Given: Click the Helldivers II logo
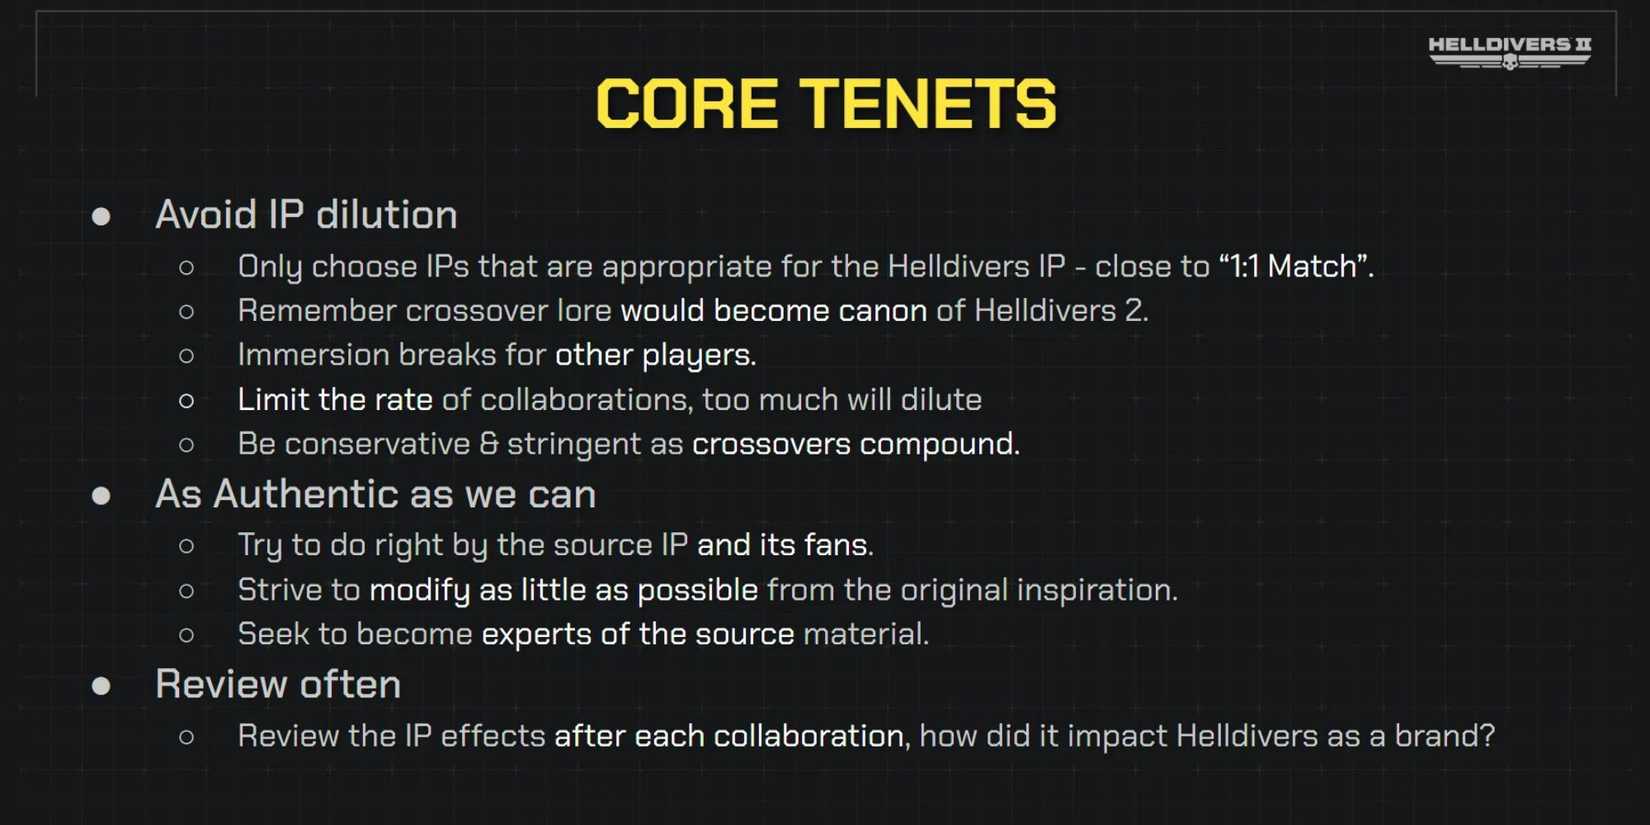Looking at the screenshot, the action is click(1510, 52).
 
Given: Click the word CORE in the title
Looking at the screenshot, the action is click(687, 104).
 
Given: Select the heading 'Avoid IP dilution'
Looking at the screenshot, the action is click(306, 215).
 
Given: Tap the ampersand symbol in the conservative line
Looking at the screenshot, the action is click(488, 443).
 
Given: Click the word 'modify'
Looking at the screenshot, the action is click(419, 590).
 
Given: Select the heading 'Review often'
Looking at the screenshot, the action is click(278, 684).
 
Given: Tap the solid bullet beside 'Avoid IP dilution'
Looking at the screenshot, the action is click(101, 217).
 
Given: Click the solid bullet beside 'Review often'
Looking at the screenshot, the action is click(101, 686).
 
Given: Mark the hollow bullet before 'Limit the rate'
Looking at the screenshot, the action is click(186, 401).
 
